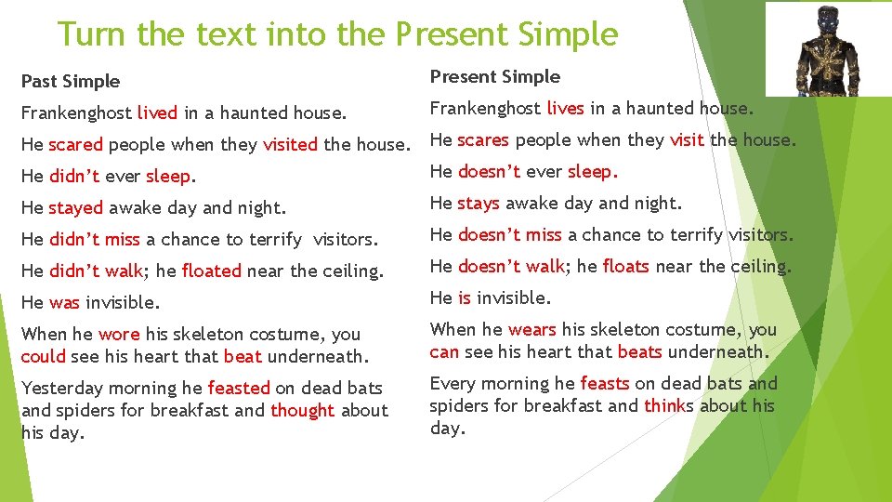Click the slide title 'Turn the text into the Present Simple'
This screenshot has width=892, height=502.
tap(337, 34)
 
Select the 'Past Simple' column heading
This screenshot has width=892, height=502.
tap(71, 81)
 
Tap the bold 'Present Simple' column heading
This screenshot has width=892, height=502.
tap(495, 76)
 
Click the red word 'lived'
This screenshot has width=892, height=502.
tap(157, 113)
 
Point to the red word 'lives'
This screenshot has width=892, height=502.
tap(565, 108)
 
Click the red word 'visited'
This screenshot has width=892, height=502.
tap(291, 145)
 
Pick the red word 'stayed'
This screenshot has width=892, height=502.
tap(76, 208)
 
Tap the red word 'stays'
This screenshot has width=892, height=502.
tap(479, 203)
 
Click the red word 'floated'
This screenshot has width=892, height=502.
tap(212, 271)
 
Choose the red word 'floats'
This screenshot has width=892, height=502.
tap(626, 266)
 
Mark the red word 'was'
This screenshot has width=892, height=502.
tap(65, 303)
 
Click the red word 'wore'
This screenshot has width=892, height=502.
tap(119, 335)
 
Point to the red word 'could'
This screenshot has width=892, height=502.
tap(44, 356)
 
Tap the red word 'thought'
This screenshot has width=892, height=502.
tap(302, 410)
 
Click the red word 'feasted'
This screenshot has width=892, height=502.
tap(239, 388)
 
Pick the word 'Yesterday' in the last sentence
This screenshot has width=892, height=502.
tap(64, 388)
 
